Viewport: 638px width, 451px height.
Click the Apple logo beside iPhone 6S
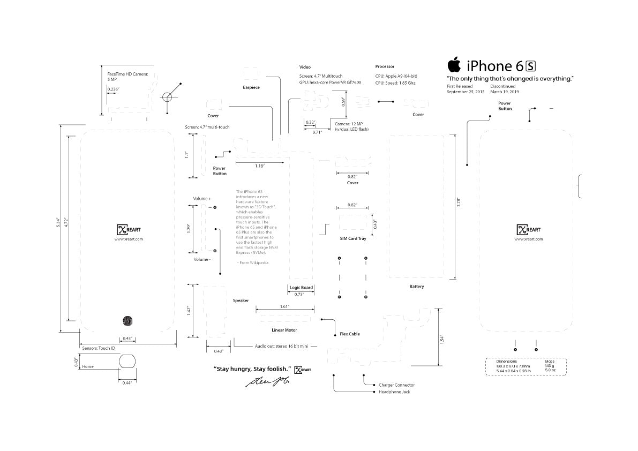coord(454,65)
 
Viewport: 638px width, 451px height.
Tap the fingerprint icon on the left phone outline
coord(129,321)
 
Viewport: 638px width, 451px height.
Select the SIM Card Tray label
coord(353,238)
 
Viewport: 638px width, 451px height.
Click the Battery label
coord(416,287)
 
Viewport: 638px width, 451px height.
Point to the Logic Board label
coord(301,288)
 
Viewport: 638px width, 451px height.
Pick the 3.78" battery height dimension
coord(458,201)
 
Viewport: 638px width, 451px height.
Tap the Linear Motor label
coord(284,330)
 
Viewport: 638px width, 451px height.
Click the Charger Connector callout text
coord(396,385)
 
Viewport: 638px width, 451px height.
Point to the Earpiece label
coord(251,87)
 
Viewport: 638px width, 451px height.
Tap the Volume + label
coord(202,199)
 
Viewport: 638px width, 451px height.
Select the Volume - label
coord(202,259)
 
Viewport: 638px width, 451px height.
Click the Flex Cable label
coord(350,334)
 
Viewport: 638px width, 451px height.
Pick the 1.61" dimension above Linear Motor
coord(284,306)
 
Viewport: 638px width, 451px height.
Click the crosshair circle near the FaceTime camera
coord(167,97)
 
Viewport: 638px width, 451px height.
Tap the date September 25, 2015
coord(466,92)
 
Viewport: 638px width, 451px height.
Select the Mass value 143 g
coord(550,365)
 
